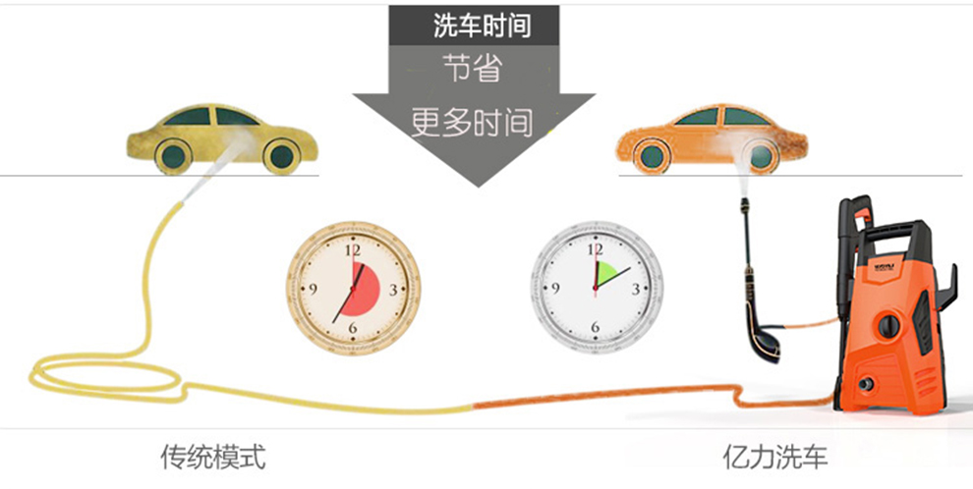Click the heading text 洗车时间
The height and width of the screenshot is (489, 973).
pos(482,26)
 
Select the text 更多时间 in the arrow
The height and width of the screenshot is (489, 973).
pos(472,122)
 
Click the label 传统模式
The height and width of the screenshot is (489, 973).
pos(213,457)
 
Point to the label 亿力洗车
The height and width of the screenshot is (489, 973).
pos(775,457)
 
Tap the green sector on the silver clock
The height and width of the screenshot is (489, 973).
pos(605,275)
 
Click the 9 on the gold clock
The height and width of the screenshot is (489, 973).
pos(313,289)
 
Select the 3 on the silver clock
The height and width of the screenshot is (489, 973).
pos(637,289)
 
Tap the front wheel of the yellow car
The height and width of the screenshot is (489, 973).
pos(280,154)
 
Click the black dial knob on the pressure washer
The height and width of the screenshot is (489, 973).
pos(888,324)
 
